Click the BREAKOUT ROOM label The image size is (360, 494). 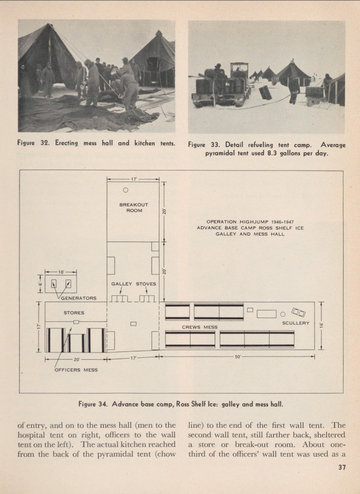coord(133,207)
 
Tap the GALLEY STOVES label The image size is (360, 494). coord(133,284)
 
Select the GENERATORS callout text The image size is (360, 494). coord(79,298)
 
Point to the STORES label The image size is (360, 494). coord(74,313)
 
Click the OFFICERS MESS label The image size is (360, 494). coord(76,370)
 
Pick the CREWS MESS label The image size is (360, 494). coord(200,327)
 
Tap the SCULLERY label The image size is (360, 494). coord(295,323)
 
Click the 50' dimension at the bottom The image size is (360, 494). coord(237,357)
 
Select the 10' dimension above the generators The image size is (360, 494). coord(61,272)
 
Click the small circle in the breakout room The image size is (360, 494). coord(126,190)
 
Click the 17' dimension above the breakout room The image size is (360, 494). coord(134,179)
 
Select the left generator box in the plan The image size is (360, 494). coord(54,284)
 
